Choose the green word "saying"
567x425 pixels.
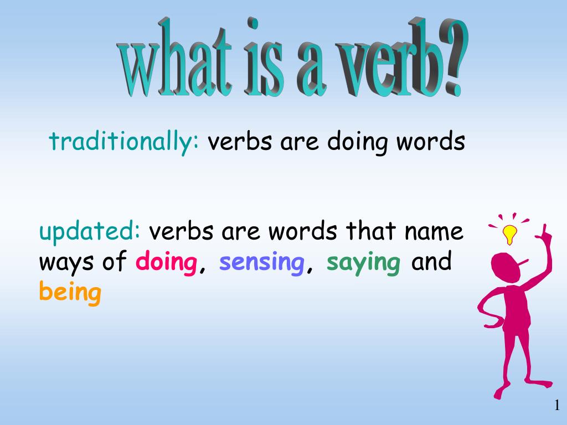pyautogui.click(x=363, y=262)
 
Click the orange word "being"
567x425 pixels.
pyautogui.click(x=70, y=292)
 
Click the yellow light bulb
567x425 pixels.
pyautogui.click(x=509, y=233)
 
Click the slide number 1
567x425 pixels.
pyautogui.click(x=556, y=407)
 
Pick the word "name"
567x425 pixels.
pyautogui.click(x=434, y=231)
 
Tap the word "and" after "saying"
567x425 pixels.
pyautogui.click(x=432, y=262)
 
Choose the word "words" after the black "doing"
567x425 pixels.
pyautogui.click(x=430, y=142)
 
